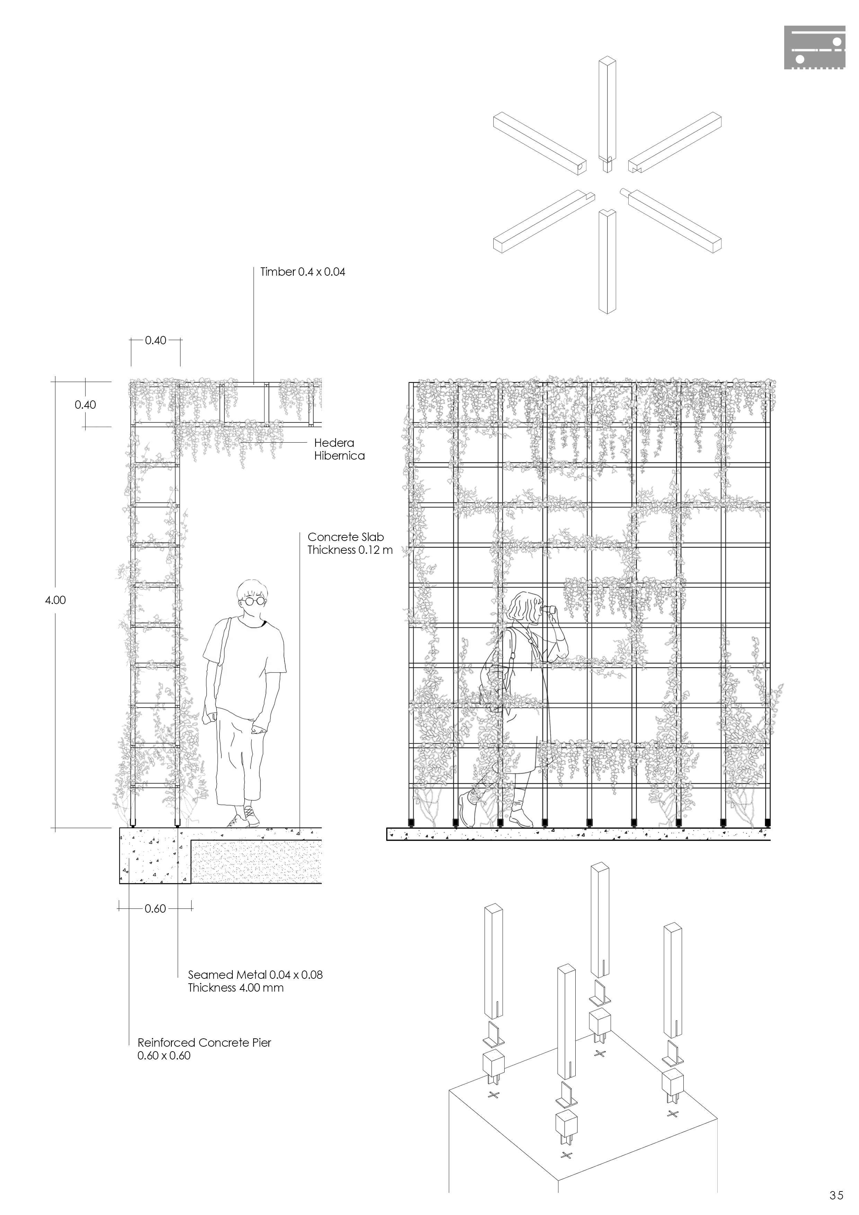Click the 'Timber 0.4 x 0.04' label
pyautogui.click(x=302, y=272)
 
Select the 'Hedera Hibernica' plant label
pyautogui.click(x=339, y=449)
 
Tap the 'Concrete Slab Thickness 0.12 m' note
pyautogui.click(x=350, y=543)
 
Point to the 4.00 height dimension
pyautogui.click(x=55, y=600)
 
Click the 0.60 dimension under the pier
pyautogui.click(x=155, y=908)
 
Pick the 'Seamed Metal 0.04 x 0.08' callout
pyautogui.click(x=255, y=975)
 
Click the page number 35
pyautogui.click(x=836, y=1195)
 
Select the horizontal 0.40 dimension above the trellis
pyautogui.click(x=155, y=340)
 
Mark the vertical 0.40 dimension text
pyautogui.click(x=85, y=405)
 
